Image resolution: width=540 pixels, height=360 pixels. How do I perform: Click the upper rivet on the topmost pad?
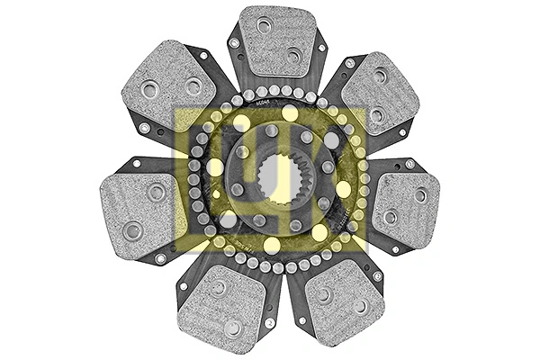[x=264, y=26]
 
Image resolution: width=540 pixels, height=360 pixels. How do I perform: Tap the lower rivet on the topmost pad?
[x=293, y=56]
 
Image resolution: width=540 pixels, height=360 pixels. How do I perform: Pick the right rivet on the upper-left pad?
[x=193, y=86]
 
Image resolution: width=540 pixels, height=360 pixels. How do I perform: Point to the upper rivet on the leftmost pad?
[x=157, y=192]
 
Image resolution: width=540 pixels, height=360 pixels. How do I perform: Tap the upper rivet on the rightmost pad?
[x=420, y=194]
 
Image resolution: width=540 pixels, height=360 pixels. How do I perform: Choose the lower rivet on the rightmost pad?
[x=390, y=217]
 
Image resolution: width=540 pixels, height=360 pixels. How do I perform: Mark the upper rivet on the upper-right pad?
[x=381, y=76]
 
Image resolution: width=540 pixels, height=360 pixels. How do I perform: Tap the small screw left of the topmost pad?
[x=234, y=42]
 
